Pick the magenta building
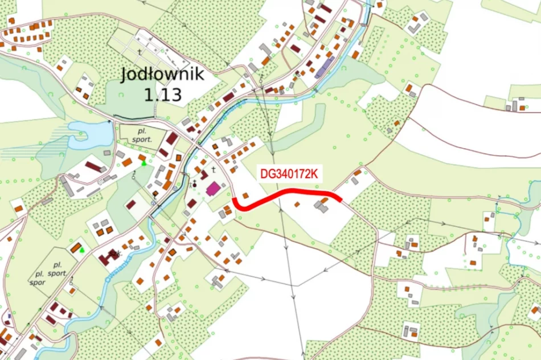[x=213, y=189]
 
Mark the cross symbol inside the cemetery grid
[x=140, y=51]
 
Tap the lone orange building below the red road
[x=297, y=204]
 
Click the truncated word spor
[x=37, y=282]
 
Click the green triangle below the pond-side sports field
[x=144, y=163]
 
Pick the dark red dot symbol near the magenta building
[x=194, y=184]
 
